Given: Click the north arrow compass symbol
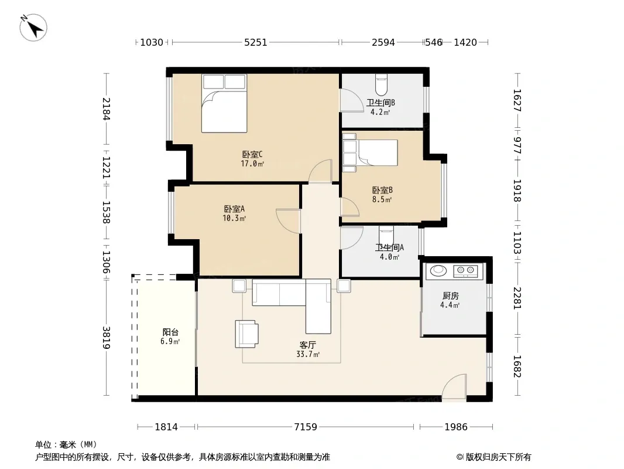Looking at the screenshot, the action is [x=33, y=28].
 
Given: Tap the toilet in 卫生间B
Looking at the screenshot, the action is [x=381, y=83].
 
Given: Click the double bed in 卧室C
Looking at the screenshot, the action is [x=224, y=103].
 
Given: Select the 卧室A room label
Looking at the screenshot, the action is [x=234, y=209].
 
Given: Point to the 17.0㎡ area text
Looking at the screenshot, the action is [x=252, y=164].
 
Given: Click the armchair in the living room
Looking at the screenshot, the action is [x=247, y=334].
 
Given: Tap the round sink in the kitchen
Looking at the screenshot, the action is [x=438, y=270].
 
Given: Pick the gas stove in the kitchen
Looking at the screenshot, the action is [x=465, y=271].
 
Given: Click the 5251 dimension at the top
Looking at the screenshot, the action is [x=255, y=42].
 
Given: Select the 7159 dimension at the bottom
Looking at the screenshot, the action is [x=306, y=427].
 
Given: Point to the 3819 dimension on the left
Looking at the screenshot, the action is [x=107, y=338].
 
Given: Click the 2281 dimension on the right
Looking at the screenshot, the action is [x=517, y=298].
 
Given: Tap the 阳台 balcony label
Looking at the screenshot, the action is [x=170, y=332].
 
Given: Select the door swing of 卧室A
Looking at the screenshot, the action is [x=288, y=221].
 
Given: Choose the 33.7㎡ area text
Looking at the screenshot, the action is [x=308, y=354].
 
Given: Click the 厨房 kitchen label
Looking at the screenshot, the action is [x=451, y=295].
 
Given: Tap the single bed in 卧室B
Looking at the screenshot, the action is [x=370, y=152].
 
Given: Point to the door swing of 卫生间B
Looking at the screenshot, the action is [x=351, y=100].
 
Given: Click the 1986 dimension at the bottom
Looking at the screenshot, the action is [x=456, y=427].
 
